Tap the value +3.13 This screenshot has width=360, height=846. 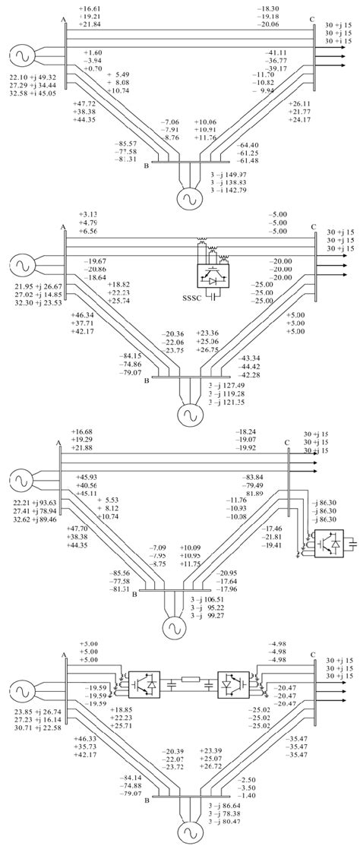pos(89,214)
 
